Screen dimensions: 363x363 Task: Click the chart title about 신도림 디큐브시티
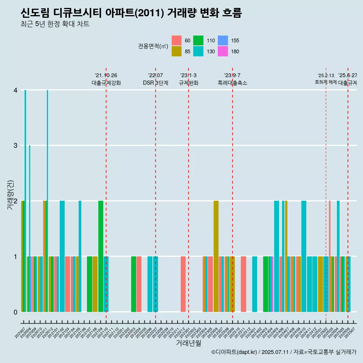[131, 13]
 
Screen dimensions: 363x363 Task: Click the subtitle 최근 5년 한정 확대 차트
[55, 25]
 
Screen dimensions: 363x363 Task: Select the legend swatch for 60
[177, 40]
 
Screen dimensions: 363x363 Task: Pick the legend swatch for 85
[177, 51]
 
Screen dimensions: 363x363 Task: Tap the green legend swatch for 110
[198, 40]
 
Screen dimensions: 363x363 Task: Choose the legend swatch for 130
[198, 51]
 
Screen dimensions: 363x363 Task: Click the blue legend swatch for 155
[223, 40]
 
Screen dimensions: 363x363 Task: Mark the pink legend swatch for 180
[223, 51]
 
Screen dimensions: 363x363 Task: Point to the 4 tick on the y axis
[16, 90]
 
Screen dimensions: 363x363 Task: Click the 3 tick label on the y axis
[16, 146]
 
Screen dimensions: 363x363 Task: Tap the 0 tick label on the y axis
[16, 312]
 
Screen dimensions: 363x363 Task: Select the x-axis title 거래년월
[188, 343]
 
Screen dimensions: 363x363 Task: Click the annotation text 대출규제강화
[106, 83]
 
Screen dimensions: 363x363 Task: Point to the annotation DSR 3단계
[155, 83]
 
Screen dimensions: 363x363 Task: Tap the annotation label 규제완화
[189, 83]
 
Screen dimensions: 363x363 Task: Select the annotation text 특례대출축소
[233, 83]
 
